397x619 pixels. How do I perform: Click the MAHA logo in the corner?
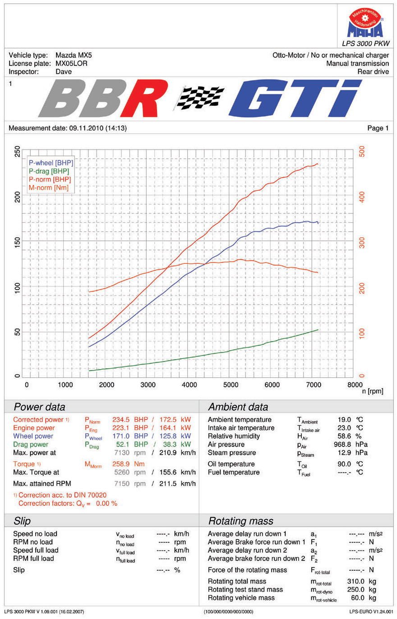[x=365, y=24]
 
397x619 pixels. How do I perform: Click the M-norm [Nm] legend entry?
[x=48, y=188]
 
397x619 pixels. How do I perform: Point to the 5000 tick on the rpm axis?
[x=231, y=385]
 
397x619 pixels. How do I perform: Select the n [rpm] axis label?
[x=372, y=391]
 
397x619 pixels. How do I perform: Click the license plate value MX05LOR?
[x=71, y=63]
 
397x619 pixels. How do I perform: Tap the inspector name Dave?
[x=63, y=71]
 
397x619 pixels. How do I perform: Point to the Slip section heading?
[x=22, y=521]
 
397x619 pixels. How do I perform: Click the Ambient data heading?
[x=238, y=407]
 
